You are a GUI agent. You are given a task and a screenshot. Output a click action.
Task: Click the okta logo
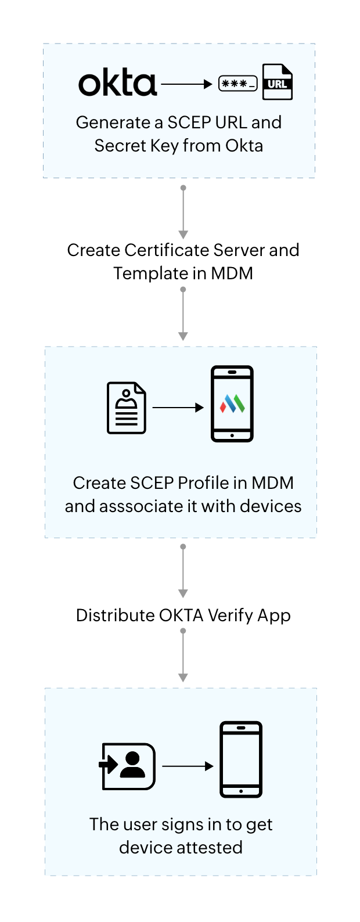(118, 84)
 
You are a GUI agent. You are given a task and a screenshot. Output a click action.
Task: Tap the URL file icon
(278, 82)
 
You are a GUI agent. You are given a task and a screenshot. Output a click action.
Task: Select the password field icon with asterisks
(238, 84)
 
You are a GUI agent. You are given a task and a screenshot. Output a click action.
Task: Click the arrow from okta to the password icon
(186, 85)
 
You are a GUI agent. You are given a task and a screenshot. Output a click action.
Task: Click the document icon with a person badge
(127, 408)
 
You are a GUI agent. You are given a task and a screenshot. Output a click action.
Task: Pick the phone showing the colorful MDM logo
(232, 404)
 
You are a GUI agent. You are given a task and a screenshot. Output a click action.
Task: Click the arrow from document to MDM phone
(178, 408)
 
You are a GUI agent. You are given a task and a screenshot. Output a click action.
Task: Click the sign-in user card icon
(128, 766)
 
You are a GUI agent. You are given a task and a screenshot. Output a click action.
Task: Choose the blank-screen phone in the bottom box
(241, 759)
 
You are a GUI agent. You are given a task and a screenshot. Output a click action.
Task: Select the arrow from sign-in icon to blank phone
(188, 766)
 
